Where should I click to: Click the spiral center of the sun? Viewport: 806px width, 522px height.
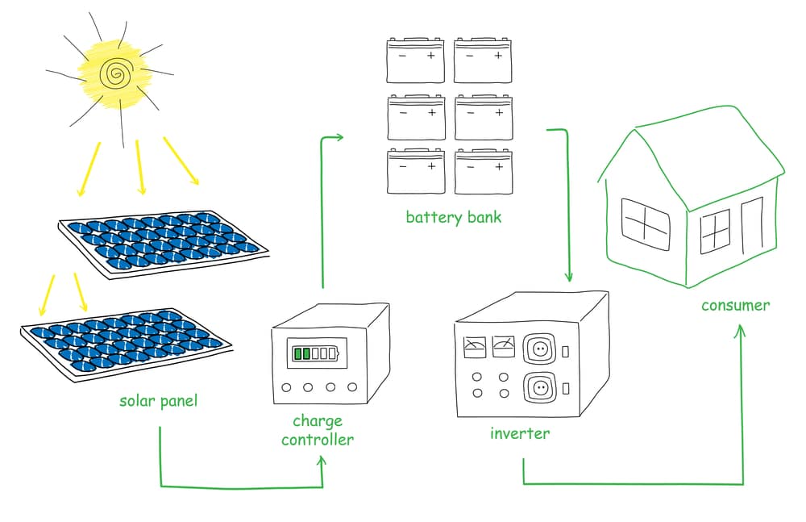click(x=115, y=75)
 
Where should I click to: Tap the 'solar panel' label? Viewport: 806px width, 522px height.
click(x=158, y=400)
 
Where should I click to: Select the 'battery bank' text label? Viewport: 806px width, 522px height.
click(x=453, y=217)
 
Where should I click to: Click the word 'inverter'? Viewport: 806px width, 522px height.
click(x=520, y=433)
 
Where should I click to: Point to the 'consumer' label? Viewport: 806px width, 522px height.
click(x=735, y=305)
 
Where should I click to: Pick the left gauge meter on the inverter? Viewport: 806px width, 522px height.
click(x=474, y=347)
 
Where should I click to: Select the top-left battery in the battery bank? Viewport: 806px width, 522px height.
click(x=415, y=60)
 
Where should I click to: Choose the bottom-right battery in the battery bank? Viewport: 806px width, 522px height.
click(x=483, y=171)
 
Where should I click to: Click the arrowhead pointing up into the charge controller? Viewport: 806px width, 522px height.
click(x=322, y=461)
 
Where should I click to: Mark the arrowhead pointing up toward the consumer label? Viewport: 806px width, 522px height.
click(x=741, y=331)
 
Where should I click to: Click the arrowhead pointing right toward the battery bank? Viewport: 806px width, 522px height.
click(x=339, y=137)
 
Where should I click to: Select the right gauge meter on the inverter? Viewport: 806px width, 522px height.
click(x=503, y=347)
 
